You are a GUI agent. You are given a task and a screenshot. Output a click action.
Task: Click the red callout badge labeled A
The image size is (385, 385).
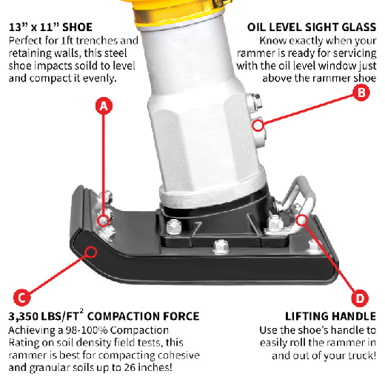click(x=104, y=106)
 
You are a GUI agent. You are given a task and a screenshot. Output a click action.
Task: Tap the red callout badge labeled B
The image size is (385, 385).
click(x=361, y=93)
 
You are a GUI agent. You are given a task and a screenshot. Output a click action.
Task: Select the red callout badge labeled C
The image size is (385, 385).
click(x=22, y=298)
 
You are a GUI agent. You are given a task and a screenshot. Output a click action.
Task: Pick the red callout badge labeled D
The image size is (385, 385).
click(x=360, y=298)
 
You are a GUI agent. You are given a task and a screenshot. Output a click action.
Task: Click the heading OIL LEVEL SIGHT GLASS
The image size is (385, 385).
click(x=312, y=27)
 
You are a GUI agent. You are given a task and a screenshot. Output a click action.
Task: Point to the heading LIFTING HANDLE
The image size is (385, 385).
click(x=330, y=316)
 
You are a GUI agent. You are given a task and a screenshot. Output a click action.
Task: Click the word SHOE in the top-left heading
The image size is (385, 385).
click(x=77, y=27)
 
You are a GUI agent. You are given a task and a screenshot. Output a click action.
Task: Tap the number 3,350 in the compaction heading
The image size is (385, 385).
click(x=23, y=317)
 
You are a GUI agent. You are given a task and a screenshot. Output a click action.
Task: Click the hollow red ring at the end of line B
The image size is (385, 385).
click(x=258, y=125)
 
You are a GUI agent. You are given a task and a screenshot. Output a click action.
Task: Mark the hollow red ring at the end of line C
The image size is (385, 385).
click(x=91, y=252)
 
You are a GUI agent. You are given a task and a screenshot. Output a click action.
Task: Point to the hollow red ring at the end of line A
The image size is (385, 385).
click(x=104, y=221)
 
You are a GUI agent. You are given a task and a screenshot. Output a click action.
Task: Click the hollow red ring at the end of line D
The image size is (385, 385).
click(x=301, y=220)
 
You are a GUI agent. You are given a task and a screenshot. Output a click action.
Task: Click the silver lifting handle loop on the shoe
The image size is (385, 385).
click(x=296, y=198)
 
